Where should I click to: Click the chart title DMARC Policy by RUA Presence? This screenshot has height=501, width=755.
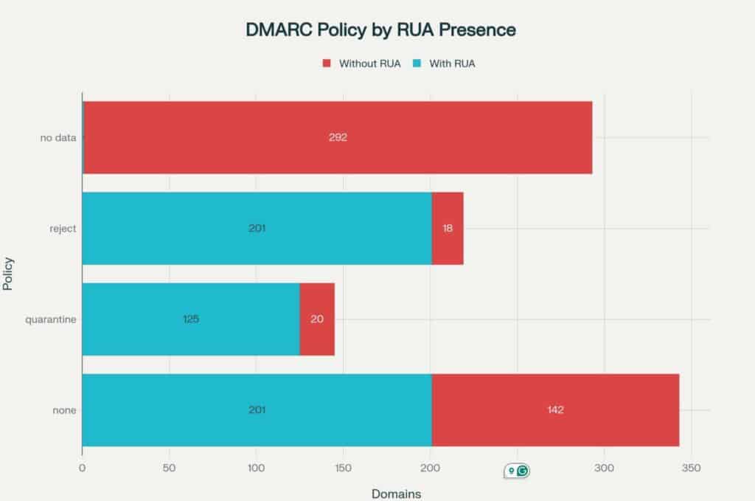(380, 30)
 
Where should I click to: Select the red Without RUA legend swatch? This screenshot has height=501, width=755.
(327, 63)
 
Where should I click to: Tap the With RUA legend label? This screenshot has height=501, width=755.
(452, 63)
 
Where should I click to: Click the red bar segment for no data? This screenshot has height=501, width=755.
(442, 138)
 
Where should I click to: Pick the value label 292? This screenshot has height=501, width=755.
(338, 138)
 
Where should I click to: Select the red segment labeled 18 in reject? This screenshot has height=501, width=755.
(448, 228)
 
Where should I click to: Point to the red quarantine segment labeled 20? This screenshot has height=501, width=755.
(317, 319)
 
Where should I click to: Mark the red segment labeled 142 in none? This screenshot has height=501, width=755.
(555, 410)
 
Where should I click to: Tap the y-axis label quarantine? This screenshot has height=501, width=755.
(51, 319)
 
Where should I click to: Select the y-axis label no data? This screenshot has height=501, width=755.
(58, 138)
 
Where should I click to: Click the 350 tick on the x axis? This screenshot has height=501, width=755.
(691, 468)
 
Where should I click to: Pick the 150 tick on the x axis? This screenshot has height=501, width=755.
(343, 468)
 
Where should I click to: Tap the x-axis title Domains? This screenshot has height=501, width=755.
(396, 493)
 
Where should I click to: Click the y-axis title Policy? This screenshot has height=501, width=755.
(9, 274)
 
